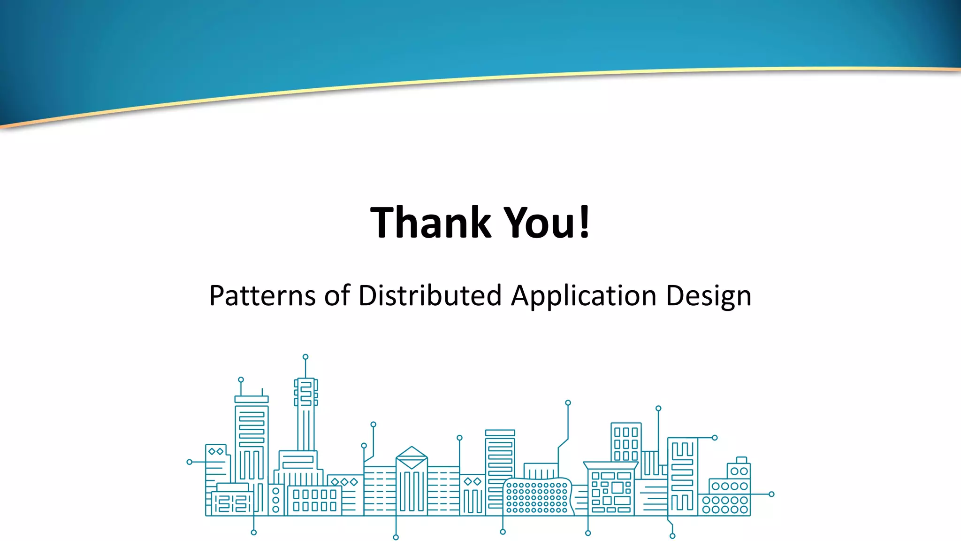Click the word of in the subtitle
[337, 295]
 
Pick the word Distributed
[430, 295]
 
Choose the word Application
[583, 295]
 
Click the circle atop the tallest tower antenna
[305, 357]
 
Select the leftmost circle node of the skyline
[190, 462]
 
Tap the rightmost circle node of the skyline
[771, 494]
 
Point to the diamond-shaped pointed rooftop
[412, 456]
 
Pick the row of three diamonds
[344, 482]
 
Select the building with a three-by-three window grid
[626, 443]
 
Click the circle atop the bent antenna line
[568, 403]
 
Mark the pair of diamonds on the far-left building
[216, 451]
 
